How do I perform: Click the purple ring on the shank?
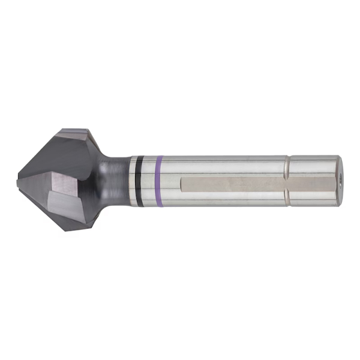tap(159, 180)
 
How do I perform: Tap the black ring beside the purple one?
tap(140, 180)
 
